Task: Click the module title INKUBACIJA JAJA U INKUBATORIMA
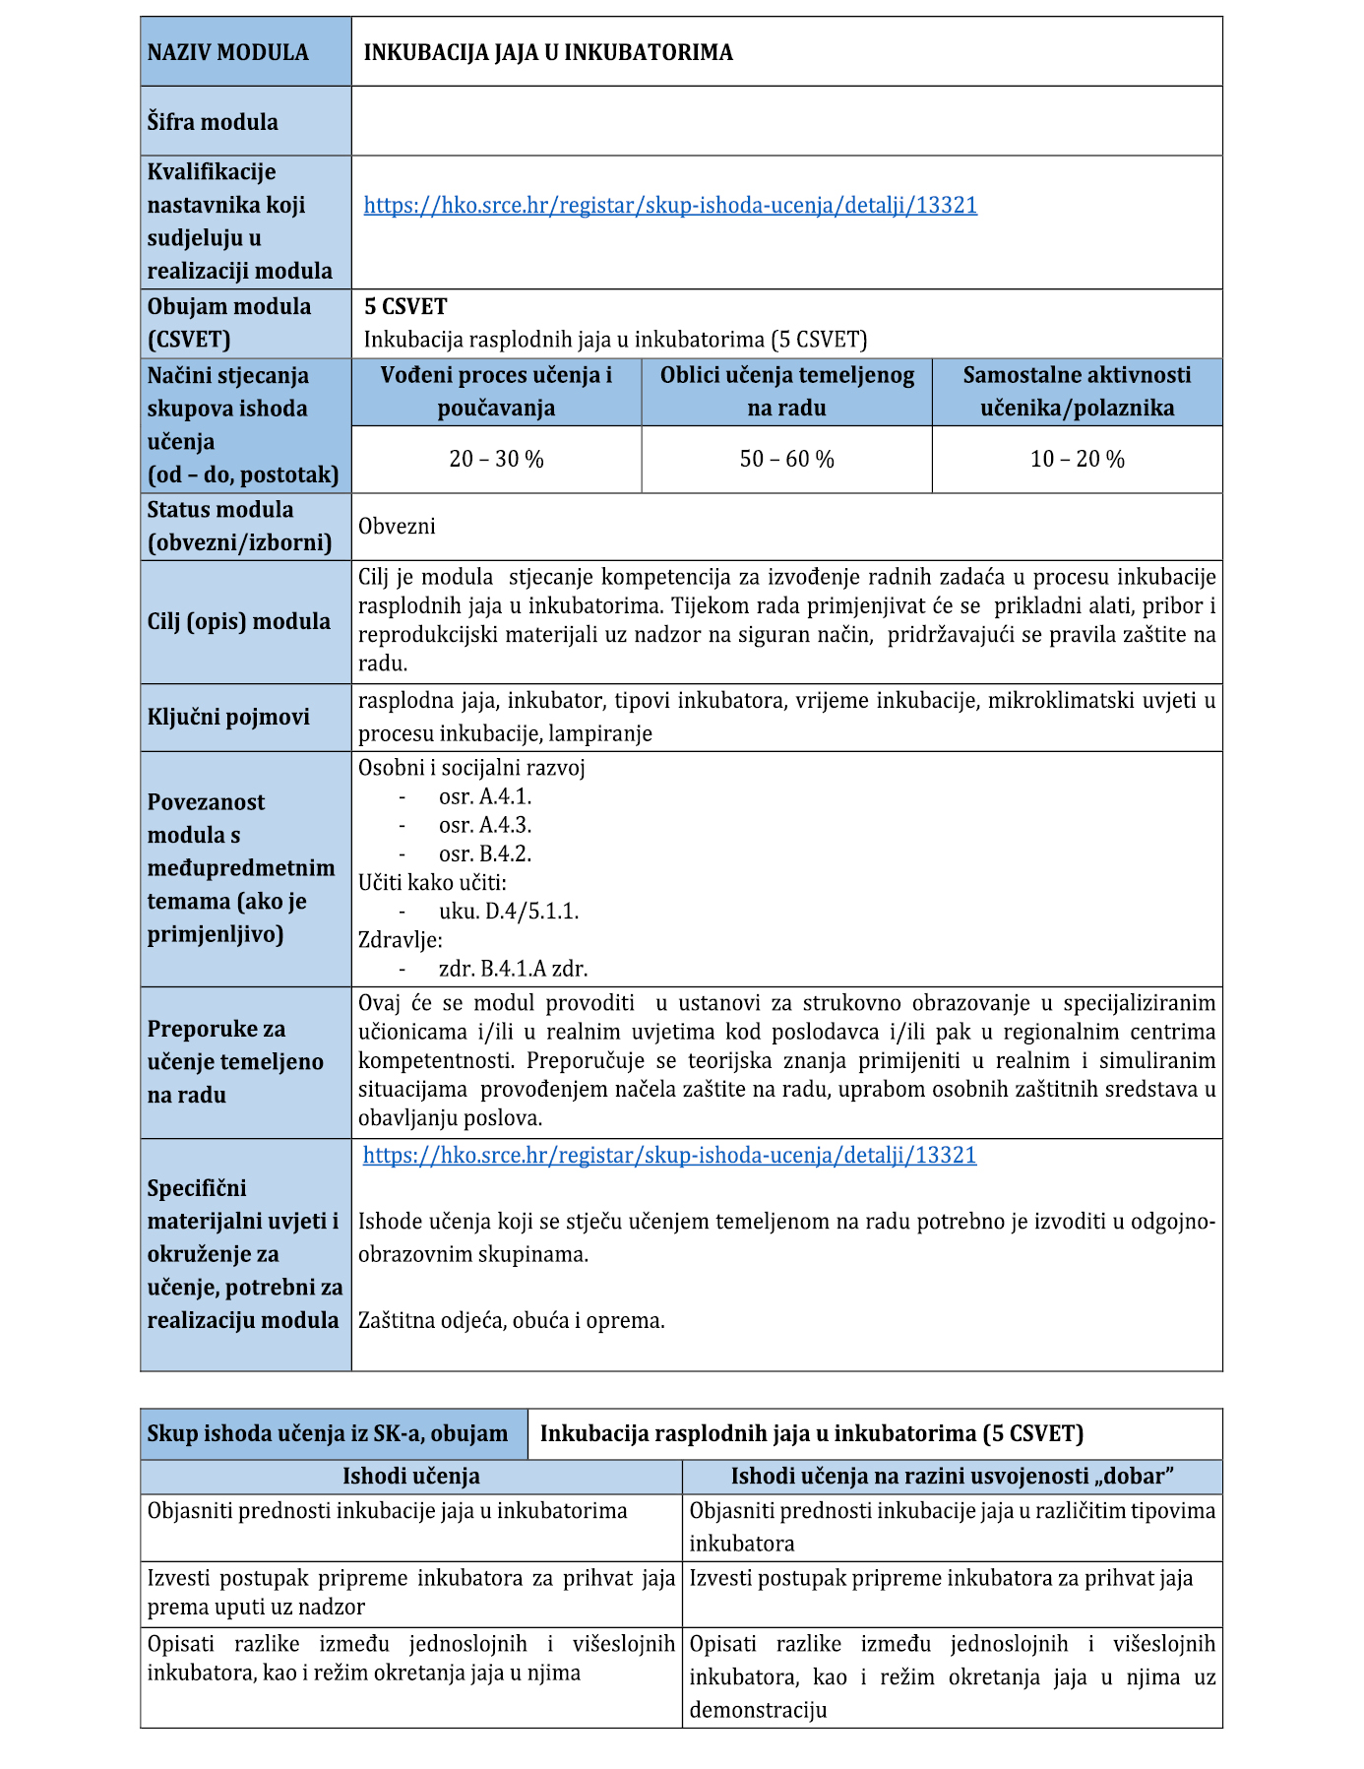[x=548, y=52]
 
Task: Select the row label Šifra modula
[x=213, y=122]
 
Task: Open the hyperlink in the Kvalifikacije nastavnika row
[x=670, y=205]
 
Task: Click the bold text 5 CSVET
[x=405, y=306]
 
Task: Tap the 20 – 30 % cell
[x=496, y=459]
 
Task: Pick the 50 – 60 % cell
[x=786, y=459]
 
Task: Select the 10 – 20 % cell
[x=1077, y=459]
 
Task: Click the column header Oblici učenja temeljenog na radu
[x=786, y=391]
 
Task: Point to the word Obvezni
[x=397, y=526]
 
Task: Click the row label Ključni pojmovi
[x=228, y=717]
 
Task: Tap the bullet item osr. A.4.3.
[x=485, y=825]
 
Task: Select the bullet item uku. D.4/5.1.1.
[x=509, y=912]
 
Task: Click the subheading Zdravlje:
[x=401, y=940]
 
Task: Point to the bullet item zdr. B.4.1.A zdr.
[x=514, y=969]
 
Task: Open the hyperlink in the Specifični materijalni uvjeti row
[x=669, y=1155]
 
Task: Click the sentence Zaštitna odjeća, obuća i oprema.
[x=512, y=1320]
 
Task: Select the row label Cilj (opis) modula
[x=239, y=621]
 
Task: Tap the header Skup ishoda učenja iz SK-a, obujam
[x=328, y=1433]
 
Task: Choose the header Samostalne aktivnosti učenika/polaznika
[x=1077, y=391]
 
